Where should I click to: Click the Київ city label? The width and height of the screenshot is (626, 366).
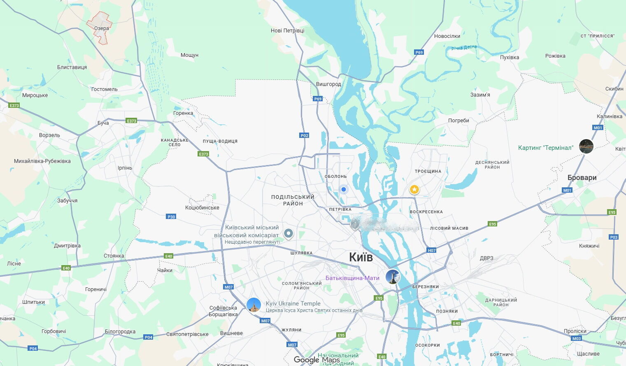361,257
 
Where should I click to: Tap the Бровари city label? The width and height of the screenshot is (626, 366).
582,178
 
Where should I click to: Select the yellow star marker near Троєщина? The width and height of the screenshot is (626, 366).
414,189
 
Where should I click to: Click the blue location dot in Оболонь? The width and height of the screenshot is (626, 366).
344,189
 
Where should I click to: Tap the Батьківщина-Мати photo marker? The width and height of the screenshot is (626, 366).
393,277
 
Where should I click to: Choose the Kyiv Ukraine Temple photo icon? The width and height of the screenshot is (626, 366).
254,305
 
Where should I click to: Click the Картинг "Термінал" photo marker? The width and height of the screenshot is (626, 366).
586,146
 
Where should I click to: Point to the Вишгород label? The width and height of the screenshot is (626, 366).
328,84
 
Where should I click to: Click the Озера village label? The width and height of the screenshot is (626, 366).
102,29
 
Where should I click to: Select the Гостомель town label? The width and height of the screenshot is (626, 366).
105,89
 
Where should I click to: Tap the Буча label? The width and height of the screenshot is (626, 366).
103,123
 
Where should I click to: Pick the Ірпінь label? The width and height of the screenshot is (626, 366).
125,168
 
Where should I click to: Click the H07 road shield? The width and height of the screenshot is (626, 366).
431,250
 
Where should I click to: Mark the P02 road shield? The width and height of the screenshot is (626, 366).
304,135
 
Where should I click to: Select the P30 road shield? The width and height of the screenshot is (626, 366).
171,217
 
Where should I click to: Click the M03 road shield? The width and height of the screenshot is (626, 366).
576,338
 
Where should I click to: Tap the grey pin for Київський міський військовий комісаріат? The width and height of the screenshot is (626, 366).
289,234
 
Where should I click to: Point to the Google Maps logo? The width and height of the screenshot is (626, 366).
317,360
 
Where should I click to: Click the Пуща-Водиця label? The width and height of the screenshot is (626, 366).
220,141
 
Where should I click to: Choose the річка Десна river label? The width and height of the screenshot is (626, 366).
464,48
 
